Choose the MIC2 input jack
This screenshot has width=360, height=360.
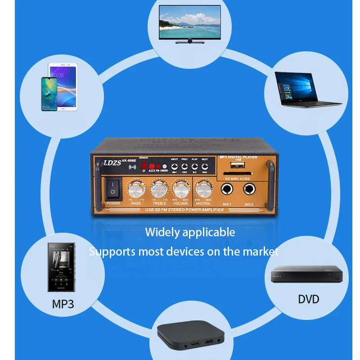[x=249, y=190]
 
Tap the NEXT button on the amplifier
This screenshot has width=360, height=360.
[x=205, y=166]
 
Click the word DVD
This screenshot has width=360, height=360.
[x=309, y=299]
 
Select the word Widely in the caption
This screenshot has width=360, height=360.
[x=162, y=232]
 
